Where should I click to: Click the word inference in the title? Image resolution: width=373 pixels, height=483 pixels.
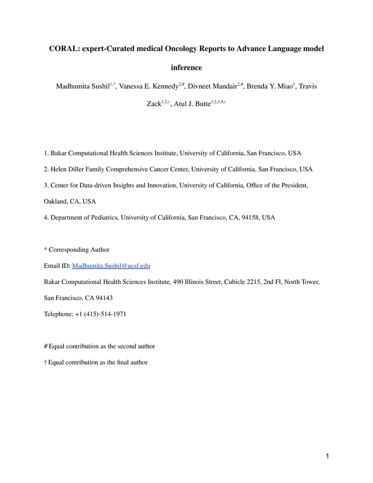tap(186, 68)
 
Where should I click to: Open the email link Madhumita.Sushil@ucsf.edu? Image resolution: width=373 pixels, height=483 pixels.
tap(111, 266)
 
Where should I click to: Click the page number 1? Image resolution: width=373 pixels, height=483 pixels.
tap(328, 456)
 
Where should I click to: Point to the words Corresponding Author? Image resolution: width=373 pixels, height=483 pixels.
tap(79, 250)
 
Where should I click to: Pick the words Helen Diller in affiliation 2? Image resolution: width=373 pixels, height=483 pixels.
tap(67, 169)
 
